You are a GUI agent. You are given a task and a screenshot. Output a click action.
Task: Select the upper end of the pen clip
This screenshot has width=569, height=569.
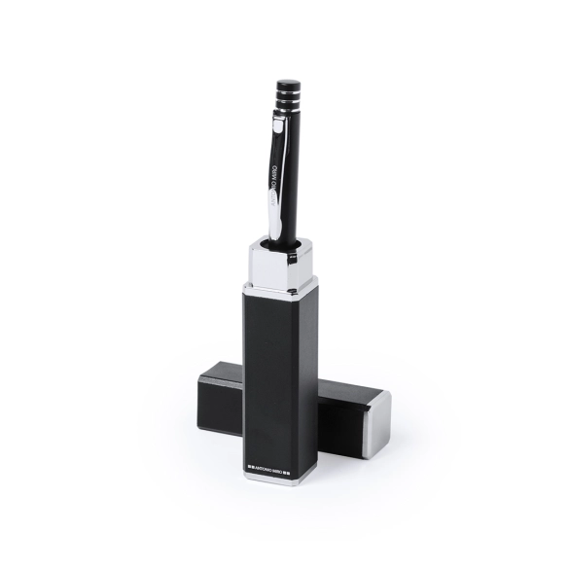(276, 124)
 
